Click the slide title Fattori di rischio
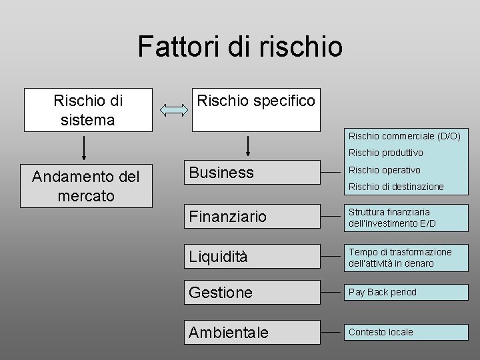point(240,47)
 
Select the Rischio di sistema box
point(88,110)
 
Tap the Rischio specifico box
point(254,110)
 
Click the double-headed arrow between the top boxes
point(172,111)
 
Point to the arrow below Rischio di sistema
point(84,147)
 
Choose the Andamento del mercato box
point(87,186)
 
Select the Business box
point(253,173)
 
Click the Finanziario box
point(253,217)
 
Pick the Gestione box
point(253,293)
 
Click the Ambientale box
point(253,332)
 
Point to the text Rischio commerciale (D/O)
point(404,136)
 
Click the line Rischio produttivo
point(385,153)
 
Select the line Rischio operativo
point(384,170)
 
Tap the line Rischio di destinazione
point(395,187)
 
